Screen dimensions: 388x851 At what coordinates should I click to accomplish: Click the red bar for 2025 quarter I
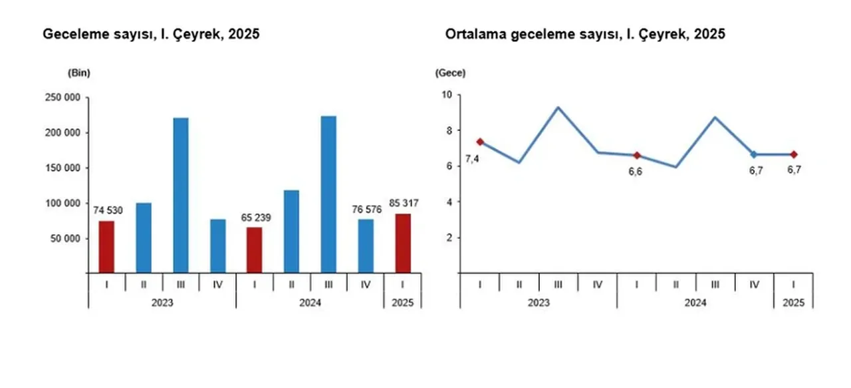403,243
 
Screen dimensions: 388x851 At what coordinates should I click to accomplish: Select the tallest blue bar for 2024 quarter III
328,194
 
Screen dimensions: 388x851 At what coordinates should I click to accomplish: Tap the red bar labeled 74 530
106,247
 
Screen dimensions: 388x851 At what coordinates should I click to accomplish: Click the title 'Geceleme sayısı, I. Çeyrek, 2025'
151,35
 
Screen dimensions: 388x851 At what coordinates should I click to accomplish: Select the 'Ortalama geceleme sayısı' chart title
585,35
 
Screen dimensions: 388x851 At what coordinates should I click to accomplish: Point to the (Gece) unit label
450,73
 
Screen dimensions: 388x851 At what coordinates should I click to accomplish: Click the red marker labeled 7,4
480,142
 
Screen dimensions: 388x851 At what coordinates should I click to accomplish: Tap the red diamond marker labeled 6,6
637,155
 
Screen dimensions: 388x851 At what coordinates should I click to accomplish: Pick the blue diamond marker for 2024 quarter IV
755,154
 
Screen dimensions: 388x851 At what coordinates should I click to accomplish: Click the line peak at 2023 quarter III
558,107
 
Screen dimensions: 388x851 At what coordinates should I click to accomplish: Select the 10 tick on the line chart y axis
446,95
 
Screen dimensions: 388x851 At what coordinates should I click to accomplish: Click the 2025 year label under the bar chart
402,302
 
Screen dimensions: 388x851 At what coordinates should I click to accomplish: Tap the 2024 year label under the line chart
695,302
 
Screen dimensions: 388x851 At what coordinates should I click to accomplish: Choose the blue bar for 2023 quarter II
144,238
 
